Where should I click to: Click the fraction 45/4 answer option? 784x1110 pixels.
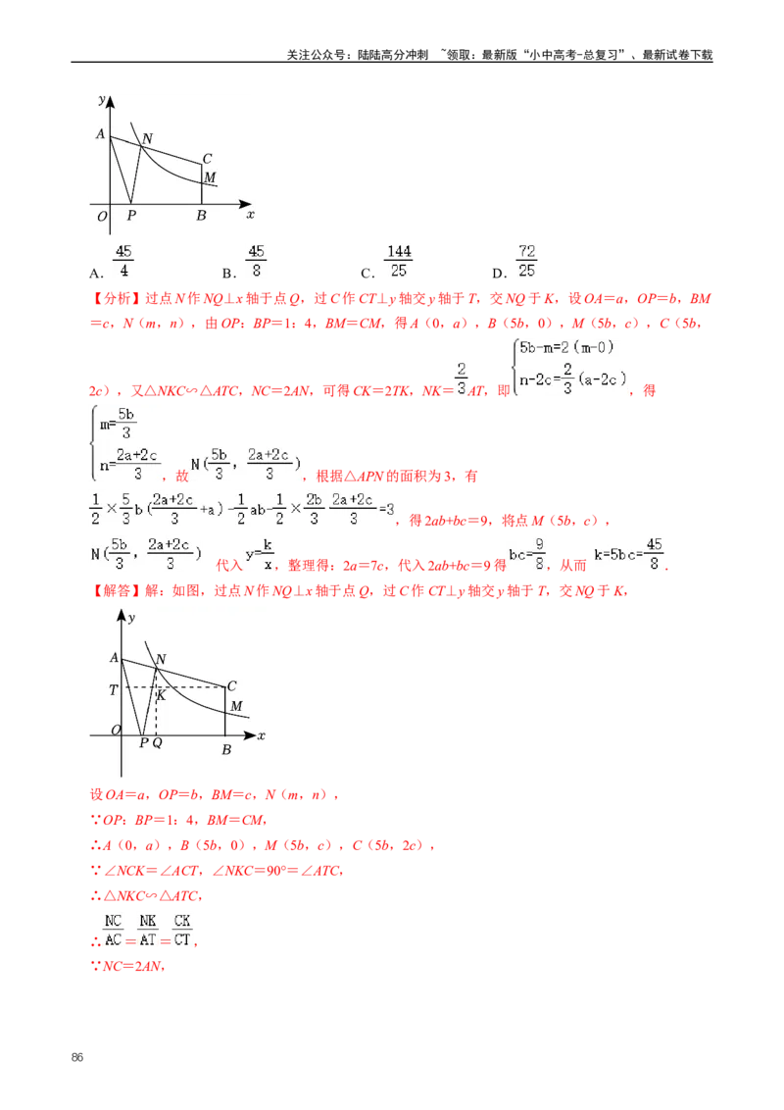pos(125,262)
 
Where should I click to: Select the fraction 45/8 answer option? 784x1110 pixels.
pos(258,262)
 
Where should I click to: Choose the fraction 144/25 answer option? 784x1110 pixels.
pos(399,262)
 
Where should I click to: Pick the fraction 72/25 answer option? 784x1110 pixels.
pos(525,262)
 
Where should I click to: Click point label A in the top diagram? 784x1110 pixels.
pos(100,134)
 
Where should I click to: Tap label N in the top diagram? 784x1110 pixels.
pos(147,139)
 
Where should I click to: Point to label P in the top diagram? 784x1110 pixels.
pos(131,216)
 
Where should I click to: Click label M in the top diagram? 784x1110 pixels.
pos(209,177)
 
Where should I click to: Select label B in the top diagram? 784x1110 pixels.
pos(201,216)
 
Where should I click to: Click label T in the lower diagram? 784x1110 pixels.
pos(113,690)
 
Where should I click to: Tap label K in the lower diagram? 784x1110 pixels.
pos(162,695)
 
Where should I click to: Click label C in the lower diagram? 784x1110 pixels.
pos(231,686)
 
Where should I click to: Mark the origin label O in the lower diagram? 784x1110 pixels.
pos(115,731)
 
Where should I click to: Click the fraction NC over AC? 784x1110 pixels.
pos(112,929)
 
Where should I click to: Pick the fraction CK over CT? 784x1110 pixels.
pos(182,929)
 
